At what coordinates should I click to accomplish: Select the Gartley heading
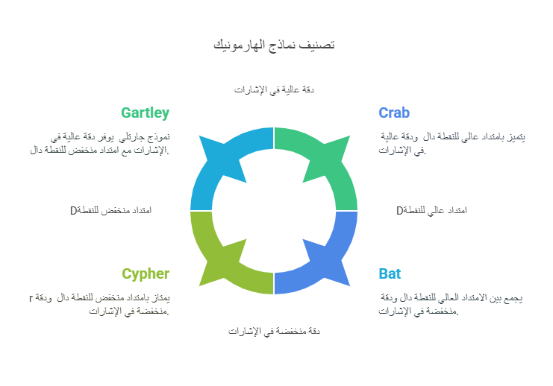145,113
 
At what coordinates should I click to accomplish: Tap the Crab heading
394,113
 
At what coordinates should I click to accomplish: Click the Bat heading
390,273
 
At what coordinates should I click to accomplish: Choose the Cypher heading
146,273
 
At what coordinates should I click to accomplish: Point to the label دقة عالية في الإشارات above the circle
274,89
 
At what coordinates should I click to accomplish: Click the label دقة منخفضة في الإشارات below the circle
274,331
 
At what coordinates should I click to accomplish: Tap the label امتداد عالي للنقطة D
431,210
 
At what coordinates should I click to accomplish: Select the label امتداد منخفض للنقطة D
110,210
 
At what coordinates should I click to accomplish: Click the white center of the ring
274,211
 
